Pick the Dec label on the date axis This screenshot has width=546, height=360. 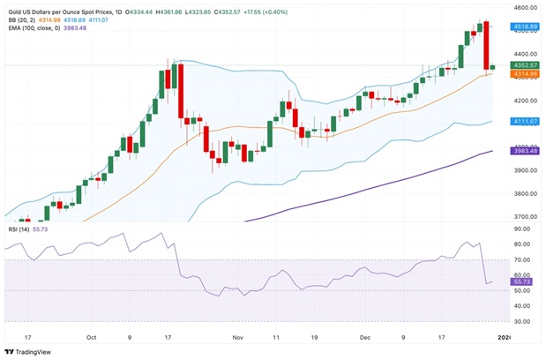tap(364, 336)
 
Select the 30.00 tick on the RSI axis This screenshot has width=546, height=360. tap(521, 322)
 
